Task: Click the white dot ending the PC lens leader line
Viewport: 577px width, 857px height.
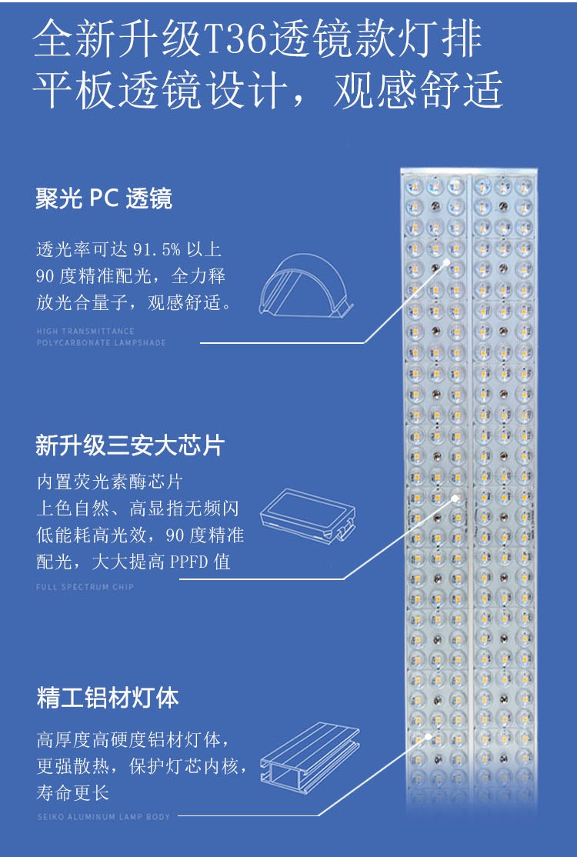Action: pyautogui.click(x=446, y=261)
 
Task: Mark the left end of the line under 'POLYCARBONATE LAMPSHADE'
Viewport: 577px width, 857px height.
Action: pyautogui.click(x=200, y=343)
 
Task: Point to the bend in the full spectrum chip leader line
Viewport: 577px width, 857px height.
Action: pyautogui.click(x=344, y=579)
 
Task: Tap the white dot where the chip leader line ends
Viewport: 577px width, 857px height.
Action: pyautogui.click(x=455, y=498)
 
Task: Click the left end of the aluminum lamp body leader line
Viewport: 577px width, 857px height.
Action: pyautogui.click(x=178, y=816)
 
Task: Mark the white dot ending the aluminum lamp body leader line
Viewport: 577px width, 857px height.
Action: pyautogui.click(x=428, y=737)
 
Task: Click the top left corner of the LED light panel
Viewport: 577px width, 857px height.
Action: pyautogui.click(x=401, y=169)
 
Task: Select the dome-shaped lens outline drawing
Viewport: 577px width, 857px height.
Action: pyautogui.click(x=306, y=285)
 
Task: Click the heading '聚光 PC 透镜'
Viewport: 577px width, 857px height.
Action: pyautogui.click(x=104, y=199)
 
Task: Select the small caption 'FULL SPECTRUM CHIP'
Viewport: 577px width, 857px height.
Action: pyautogui.click(x=85, y=587)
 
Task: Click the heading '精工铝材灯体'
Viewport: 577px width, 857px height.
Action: pyautogui.click(x=108, y=698)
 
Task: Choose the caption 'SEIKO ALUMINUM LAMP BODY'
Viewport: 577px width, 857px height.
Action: pyautogui.click(x=104, y=816)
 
